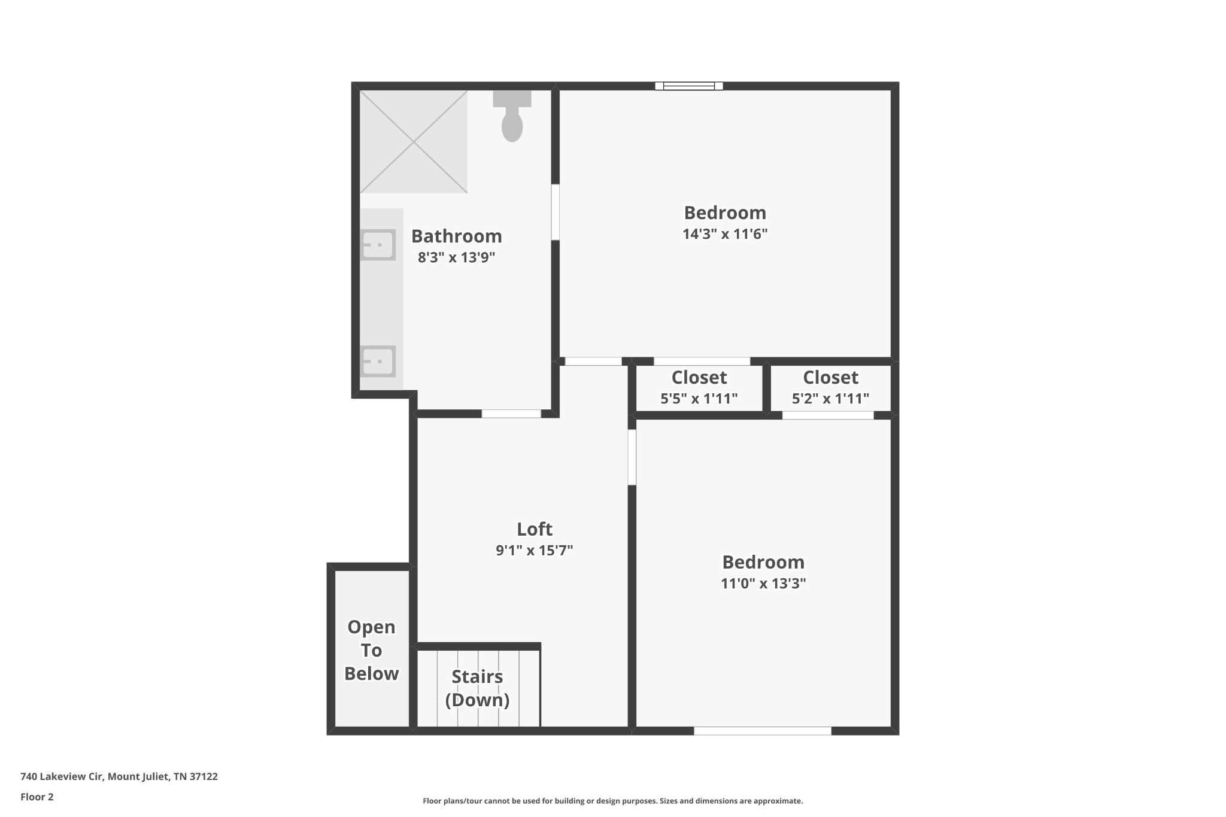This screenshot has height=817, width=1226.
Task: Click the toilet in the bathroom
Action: (512, 116)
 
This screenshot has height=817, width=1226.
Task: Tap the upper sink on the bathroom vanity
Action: (378, 245)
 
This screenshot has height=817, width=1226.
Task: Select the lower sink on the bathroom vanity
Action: (378, 361)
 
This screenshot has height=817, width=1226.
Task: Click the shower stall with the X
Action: (414, 142)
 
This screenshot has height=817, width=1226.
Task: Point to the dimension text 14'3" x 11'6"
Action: (725, 234)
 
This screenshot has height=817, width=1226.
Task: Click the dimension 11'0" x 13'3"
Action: (763, 584)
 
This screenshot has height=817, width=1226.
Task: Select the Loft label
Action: (535, 529)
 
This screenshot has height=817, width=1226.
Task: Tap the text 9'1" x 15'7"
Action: (535, 550)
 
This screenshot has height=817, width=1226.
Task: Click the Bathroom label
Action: (457, 236)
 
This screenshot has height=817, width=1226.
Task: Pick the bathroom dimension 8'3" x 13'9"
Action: (457, 257)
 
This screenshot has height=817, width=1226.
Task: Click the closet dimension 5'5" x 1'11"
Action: (699, 399)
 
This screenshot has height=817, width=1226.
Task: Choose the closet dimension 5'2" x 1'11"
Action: (831, 399)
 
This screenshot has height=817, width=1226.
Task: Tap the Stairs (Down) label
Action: (477, 688)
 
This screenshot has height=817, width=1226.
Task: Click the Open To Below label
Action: (371, 650)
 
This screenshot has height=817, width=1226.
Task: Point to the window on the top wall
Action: (689, 86)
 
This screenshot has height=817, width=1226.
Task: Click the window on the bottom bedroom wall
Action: (763, 731)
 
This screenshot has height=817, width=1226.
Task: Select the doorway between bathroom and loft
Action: (511, 414)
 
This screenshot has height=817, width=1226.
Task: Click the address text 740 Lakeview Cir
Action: (63, 777)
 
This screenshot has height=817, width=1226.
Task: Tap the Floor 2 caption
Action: (37, 797)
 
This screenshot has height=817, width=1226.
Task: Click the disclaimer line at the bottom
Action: (613, 801)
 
